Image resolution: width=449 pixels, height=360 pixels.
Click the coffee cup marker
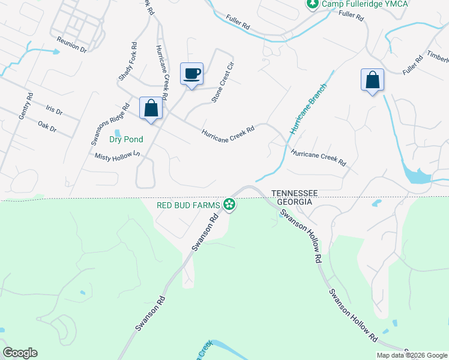[x=191, y=74]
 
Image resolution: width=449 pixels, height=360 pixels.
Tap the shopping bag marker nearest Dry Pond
[x=151, y=109]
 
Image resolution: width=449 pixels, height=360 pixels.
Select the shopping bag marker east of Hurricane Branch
[x=372, y=80]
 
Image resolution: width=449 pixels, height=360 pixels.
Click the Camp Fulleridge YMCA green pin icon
[x=312, y=4]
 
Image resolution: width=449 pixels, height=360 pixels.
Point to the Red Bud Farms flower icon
[x=229, y=205]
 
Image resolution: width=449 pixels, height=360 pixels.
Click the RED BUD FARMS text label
[x=188, y=205]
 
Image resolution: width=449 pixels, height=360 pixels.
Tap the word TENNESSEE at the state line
[x=294, y=193]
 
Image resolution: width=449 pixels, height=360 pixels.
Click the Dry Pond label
[x=126, y=140]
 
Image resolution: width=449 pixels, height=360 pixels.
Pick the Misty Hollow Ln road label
[x=117, y=155]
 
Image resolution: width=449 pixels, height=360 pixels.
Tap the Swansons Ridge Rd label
[x=110, y=125]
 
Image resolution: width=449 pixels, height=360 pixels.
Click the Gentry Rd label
[x=25, y=106]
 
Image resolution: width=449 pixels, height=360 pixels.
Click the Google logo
[x=20, y=353]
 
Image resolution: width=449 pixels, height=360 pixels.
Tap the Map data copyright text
[x=412, y=355]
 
